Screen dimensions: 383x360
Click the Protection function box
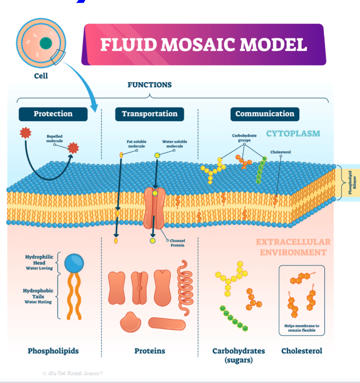[x=53, y=114]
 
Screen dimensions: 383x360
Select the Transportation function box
[x=149, y=114]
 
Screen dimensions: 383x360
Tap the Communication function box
[x=265, y=114]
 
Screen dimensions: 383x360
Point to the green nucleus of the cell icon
[x=46, y=43]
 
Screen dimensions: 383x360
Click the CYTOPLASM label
[x=293, y=134]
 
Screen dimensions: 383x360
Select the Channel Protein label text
[x=178, y=243]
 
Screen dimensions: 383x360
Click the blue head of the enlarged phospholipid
[x=74, y=262]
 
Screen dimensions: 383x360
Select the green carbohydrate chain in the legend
[x=235, y=318]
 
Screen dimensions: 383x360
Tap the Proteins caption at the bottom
[x=149, y=351]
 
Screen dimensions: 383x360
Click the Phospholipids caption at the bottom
[x=53, y=351]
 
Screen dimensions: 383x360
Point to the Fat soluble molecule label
[x=136, y=144]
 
